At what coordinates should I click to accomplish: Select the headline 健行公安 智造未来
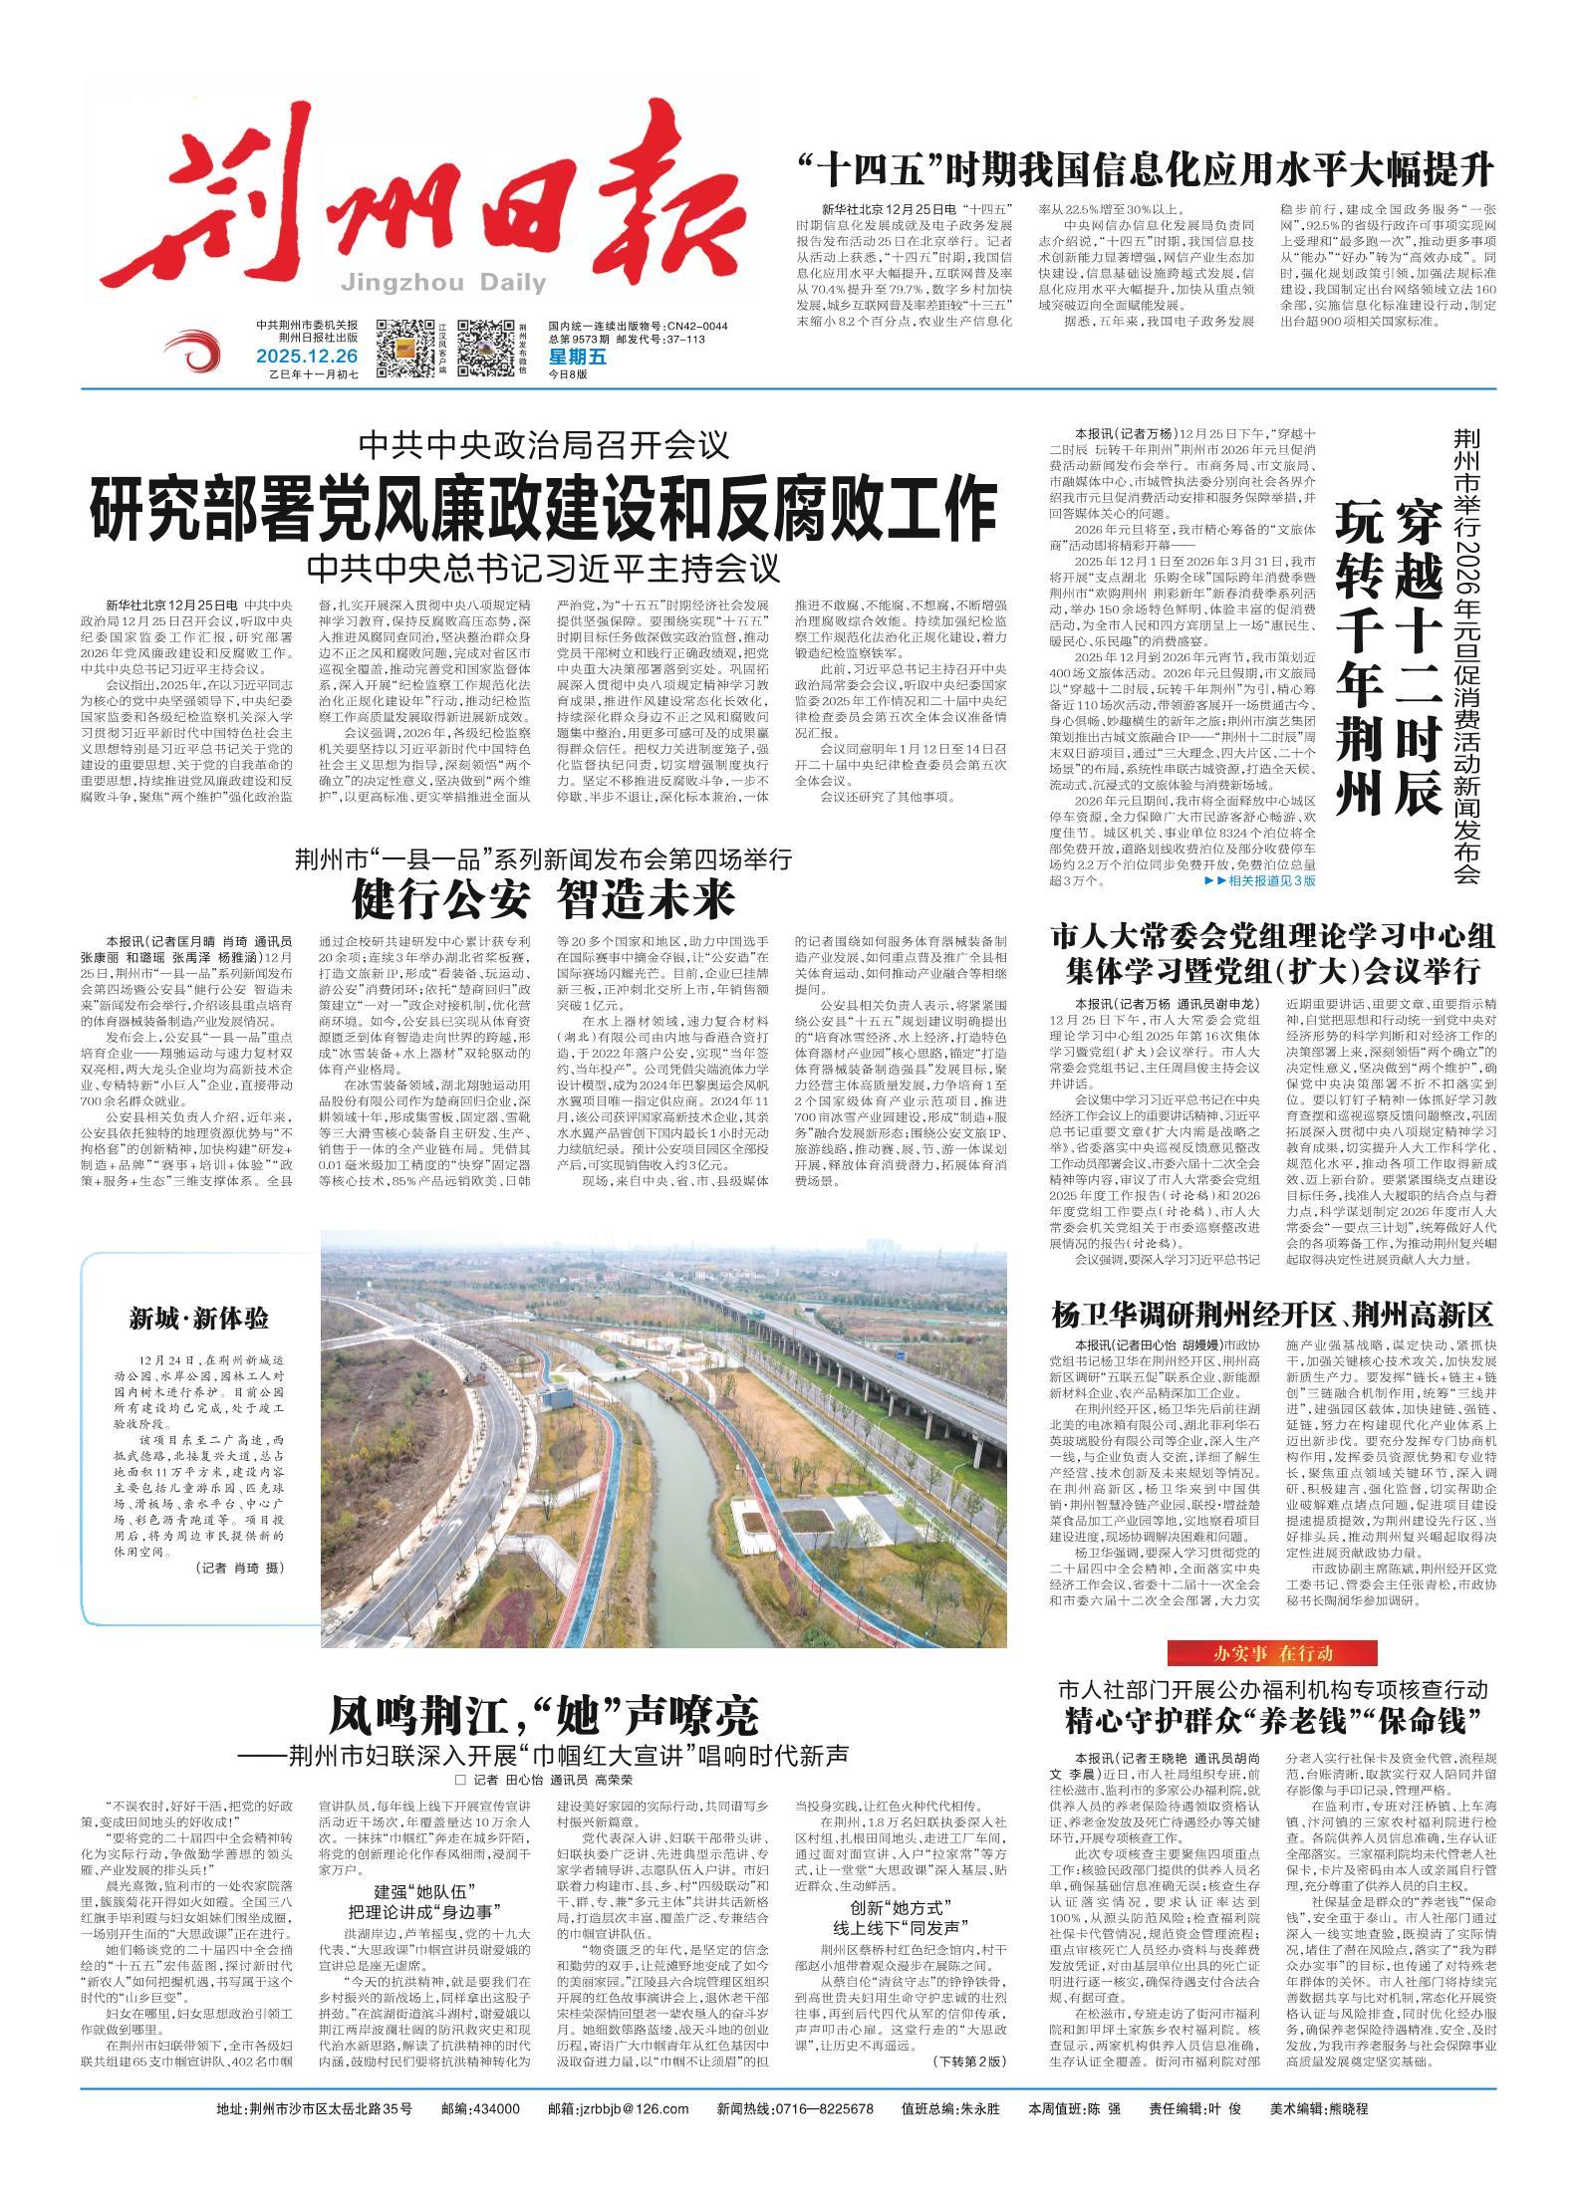pyautogui.click(x=543, y=900)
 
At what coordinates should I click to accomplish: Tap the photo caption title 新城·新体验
pyautogui.click(x=198, y=1320)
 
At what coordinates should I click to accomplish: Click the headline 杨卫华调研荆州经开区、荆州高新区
pyautogui.click(x=1272, y=1315)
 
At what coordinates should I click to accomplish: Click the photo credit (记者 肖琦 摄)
pyautogui.click(x=240, y=1568)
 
